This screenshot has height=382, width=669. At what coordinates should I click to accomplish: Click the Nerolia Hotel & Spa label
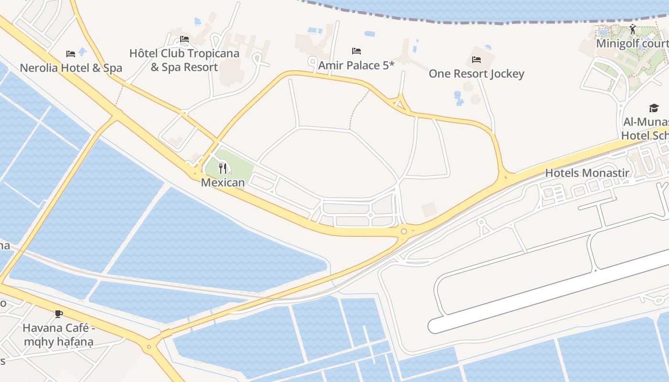click(71, 68)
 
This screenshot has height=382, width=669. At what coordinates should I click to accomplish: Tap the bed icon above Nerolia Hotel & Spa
click(71, 53)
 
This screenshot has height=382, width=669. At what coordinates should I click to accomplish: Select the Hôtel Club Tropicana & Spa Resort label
click(184, 60)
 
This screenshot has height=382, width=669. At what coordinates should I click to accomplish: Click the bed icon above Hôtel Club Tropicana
click(184, 39)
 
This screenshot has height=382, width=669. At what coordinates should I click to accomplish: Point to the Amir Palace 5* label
click(356, 65)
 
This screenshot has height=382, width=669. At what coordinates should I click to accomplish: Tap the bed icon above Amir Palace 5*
click(356, 51)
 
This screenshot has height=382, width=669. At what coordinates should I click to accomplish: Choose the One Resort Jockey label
click(476, 74)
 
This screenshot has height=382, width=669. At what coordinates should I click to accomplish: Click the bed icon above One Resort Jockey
click(476, 60)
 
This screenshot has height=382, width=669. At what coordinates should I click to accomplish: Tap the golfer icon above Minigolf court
click(633, 29)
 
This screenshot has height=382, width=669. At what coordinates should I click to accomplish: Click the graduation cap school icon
click(654, 108)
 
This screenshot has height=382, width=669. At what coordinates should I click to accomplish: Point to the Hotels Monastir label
click(587, 173)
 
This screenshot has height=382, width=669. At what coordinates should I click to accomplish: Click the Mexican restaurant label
click(223, 182)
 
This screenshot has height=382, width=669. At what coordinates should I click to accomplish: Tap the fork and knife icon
click(223, 168)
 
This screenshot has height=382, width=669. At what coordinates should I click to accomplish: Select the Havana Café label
click(59, 335)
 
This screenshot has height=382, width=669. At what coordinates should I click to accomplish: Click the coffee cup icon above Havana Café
click(59, 314)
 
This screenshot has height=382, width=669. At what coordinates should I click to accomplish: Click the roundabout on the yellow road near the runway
click(404, 232)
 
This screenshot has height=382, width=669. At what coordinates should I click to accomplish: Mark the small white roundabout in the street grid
click(370, 215)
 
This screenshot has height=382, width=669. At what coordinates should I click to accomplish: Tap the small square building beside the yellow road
click(429, 209)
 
